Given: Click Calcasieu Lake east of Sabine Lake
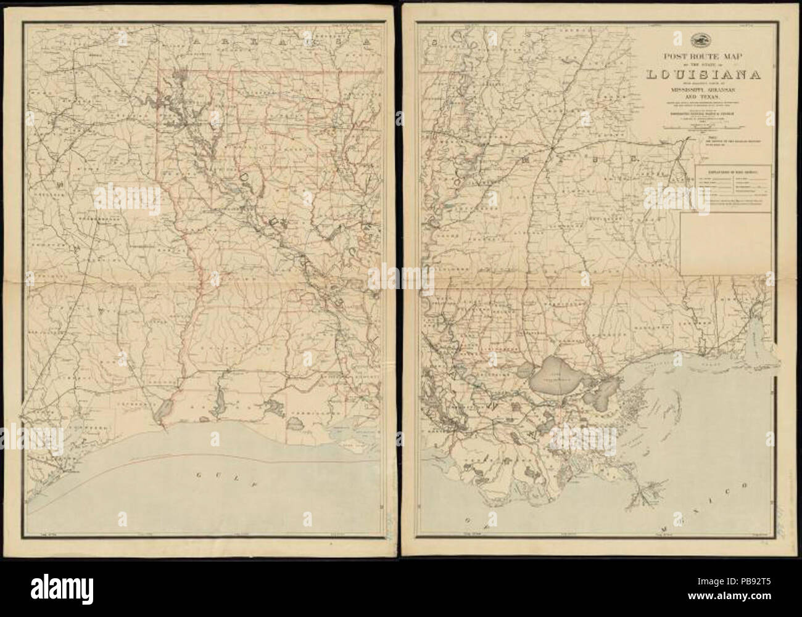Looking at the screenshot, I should tap(218, 409).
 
